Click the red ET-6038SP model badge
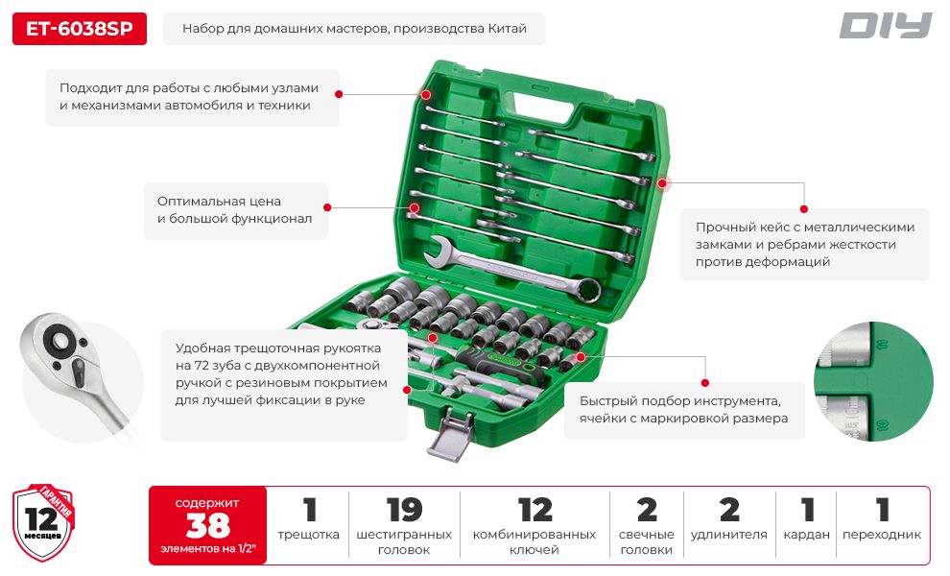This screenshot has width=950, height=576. [80, 29]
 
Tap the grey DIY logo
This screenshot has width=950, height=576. [885, 26]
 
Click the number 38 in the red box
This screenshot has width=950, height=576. [208, 525]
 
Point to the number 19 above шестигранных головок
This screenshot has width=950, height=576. [404, 510]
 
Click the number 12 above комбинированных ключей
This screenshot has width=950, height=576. [535, 510]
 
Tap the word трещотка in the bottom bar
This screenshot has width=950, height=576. [308, 535]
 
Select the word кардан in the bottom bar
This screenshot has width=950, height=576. [806, 535]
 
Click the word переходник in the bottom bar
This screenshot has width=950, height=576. [882, 535]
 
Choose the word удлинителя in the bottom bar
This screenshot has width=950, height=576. [729, 535]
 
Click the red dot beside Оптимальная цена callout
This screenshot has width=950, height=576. [327, 207]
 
